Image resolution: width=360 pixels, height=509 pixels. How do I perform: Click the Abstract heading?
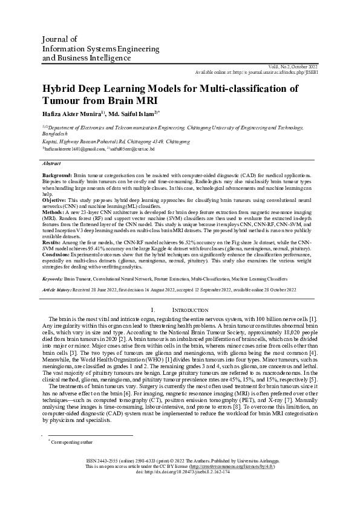(51, 163)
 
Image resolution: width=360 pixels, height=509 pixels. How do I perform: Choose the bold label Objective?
(54, 199)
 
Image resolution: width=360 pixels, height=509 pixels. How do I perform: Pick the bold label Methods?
(53, 212)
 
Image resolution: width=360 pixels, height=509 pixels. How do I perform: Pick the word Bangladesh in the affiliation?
(56, 135)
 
